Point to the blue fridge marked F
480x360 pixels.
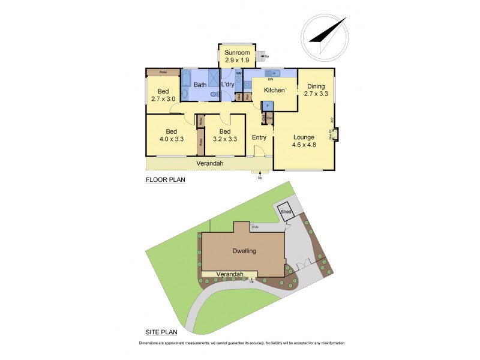pyautogui.click(x=268, y=106)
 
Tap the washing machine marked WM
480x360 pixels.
pyautogui.click(x=238, y=73)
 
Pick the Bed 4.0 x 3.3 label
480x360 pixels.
pyautogui.click(x=171, y=135)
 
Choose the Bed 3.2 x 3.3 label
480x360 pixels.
pyautogui.click(x=225, y=135)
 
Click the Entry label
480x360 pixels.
pyautogui.click(x=259, y=137)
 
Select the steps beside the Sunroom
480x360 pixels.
pyautogui.click(x=261, y=56)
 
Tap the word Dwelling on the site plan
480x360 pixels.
pyautogui.click(x=243, y=251)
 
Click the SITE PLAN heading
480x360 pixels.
pyautogui.click(x=163, y=331)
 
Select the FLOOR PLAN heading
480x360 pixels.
pyautogui.click(x=166, y=179)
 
